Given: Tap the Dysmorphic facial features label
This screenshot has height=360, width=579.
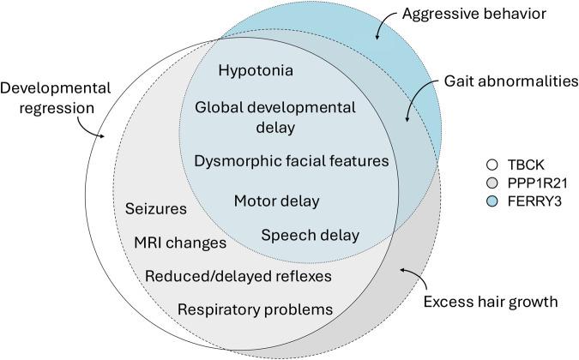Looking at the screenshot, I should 291,161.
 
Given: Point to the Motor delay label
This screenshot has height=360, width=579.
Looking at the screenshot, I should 276,201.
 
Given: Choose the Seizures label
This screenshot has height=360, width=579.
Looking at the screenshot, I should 156,209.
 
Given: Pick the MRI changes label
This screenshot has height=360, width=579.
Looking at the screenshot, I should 179,243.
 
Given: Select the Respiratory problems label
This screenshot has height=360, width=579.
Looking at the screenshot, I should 256,309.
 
